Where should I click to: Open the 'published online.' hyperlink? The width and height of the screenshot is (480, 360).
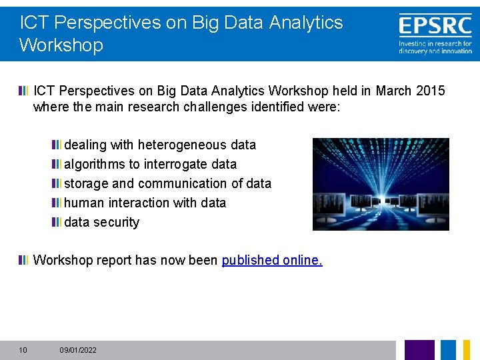272,260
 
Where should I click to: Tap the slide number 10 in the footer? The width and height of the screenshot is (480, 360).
23,350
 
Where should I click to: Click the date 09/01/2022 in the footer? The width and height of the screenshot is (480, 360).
78,350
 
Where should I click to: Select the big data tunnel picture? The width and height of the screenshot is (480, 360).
381,184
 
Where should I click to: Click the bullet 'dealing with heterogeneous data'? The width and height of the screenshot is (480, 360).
159,145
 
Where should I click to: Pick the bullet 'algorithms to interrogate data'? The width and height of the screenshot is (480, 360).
150,164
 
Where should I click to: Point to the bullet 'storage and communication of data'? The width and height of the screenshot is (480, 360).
167,183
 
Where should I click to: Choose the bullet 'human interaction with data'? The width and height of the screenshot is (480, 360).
145,203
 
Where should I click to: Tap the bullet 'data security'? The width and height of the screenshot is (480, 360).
101,222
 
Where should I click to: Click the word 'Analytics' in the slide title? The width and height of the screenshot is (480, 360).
306,23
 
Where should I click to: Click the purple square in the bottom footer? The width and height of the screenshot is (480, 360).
419,350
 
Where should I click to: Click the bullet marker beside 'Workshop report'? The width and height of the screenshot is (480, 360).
24,260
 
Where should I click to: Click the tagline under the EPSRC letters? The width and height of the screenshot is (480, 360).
435,47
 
